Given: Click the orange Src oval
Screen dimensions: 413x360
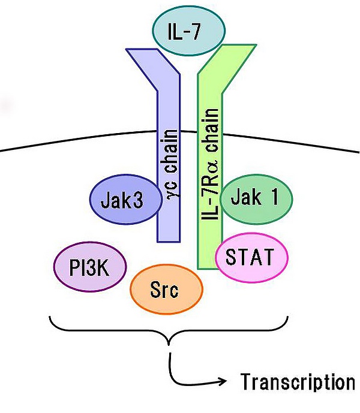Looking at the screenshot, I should coord(164,290).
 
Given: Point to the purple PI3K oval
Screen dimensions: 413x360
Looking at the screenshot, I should coord(89,267).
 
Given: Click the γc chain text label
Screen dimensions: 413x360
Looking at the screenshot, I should coord(170,165).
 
